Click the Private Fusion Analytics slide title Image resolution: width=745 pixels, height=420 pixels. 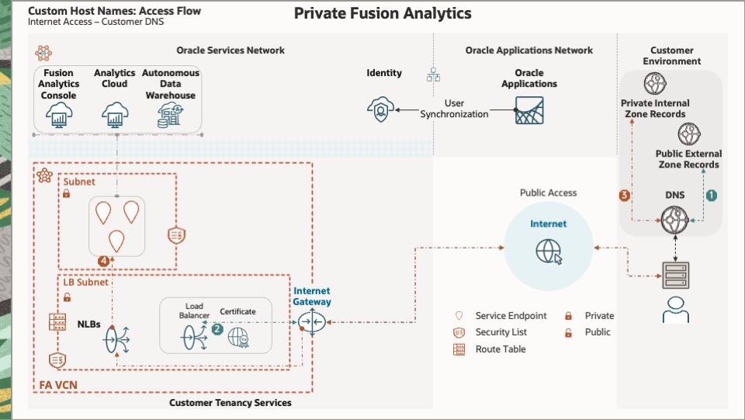(x=382, y=14)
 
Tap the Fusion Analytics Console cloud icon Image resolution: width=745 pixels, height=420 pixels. (x=59, y=116)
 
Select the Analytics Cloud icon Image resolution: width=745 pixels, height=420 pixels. (x=115, y=116)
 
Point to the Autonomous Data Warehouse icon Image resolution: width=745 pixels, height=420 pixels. (x=170, y=116)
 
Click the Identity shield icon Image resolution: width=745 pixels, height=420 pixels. (x=380, y=111)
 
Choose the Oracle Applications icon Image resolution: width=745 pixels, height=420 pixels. (x=529, y=110)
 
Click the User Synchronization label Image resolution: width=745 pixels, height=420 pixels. (x=455, y=109)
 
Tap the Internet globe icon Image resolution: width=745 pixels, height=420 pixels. (x=549, y=251)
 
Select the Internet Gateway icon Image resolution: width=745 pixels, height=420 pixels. (x=311, y=321)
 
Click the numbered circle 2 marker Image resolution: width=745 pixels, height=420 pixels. (x=218, y=329)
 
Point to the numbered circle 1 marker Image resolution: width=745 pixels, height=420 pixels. (x=711, y=196)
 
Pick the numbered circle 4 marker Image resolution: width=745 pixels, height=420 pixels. (x=104, y=260)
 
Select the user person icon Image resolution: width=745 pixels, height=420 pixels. (x=674, y=309)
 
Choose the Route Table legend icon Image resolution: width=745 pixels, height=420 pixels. (x=459, y=349)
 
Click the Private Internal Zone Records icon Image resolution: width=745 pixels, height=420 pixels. (x=654, y=84)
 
